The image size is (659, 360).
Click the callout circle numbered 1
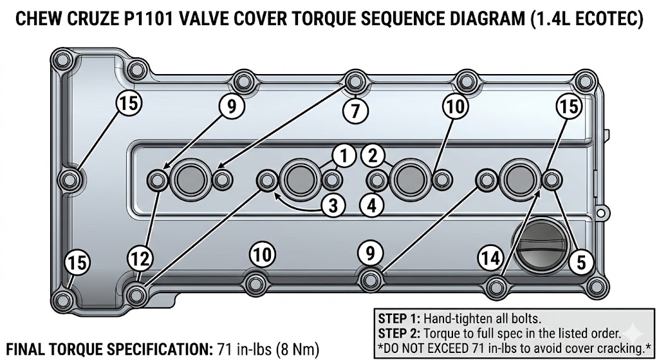[x=344, y=155]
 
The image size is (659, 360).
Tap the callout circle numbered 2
[x=373, y=155]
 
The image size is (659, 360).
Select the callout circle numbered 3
[x=333, y=205]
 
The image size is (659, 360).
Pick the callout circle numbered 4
[x=373, y=205]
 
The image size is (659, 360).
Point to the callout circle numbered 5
[x=581, y=261]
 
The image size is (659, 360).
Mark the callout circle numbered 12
[x=140, y=259]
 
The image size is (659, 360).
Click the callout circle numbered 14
[x=490, y=258]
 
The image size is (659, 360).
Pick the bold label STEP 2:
[x=400, y=333]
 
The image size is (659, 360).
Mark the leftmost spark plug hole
[x=189, y=178]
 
